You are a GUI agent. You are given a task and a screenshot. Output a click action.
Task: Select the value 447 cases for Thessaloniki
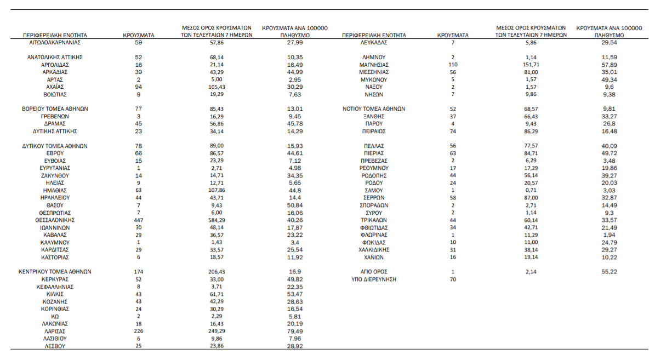point(138,220)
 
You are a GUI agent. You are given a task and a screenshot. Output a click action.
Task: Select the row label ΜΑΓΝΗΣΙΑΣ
point(374,64)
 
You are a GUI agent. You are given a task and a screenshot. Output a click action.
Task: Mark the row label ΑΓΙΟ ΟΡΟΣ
point(374,272)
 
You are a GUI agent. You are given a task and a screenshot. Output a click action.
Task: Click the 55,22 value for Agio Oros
point(609,272)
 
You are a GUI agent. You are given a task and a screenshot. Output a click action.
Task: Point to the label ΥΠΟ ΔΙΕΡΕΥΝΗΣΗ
point(374,279)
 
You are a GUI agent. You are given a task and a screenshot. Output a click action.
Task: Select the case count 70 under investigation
point(453,279)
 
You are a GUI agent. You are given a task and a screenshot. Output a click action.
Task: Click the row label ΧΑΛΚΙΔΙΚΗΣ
point(374,249)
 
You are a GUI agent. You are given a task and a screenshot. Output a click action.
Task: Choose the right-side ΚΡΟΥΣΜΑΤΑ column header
point(453,35)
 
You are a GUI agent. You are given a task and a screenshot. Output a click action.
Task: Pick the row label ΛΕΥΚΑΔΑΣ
point(374,42)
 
